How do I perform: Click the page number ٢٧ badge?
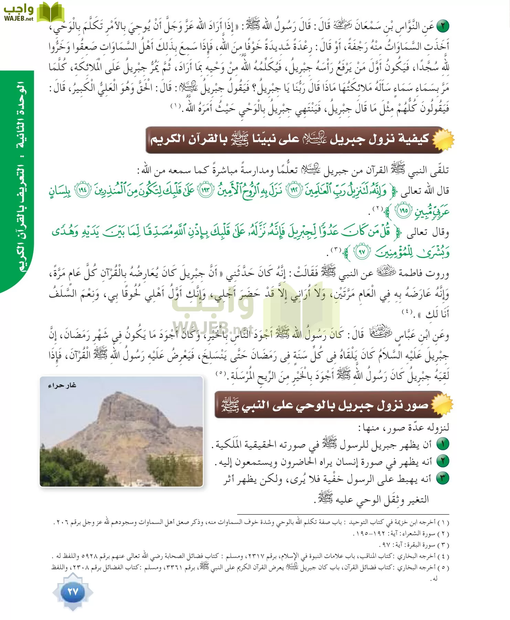[73, 592]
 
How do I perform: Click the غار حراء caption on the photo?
[62, 385]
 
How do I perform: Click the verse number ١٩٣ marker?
[206, 190]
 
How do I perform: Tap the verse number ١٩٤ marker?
[83, 190]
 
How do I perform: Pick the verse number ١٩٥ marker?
[404, 210]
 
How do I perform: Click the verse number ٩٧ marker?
[362, 252]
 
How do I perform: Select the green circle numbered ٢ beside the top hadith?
[443, 26]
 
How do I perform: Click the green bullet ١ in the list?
[443, 444]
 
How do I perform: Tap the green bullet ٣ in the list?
[443, 478]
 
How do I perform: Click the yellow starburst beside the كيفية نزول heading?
[443, 139]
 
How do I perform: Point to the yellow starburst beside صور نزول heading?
[443, 404]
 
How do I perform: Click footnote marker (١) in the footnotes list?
[443, 523]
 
